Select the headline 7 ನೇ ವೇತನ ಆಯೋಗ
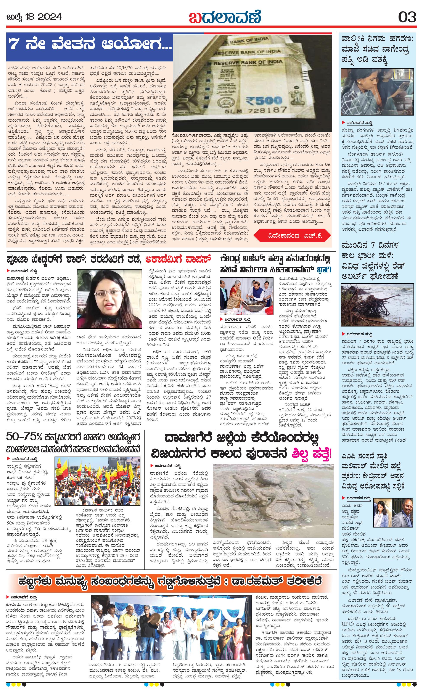90,45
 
